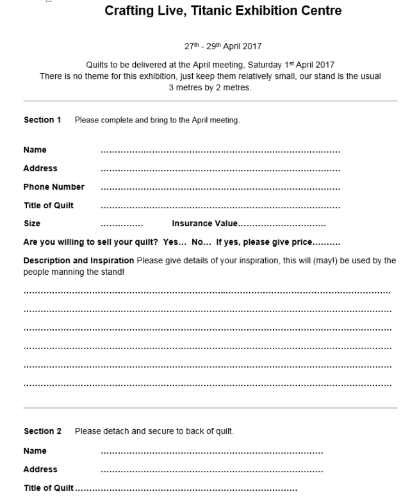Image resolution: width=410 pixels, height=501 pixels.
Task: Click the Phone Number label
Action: pyautogui.click(x=54, y=187)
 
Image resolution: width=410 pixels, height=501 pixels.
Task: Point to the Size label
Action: pyautogui.click(x=32, y=224)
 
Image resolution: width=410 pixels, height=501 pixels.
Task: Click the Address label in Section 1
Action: pyautogui.click(x=40, y=168)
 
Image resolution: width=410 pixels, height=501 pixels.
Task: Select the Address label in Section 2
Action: pyautogui.click(x=40, y=470)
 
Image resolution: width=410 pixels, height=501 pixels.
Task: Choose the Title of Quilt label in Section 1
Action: pyautogui.click(x=49, y=205)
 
